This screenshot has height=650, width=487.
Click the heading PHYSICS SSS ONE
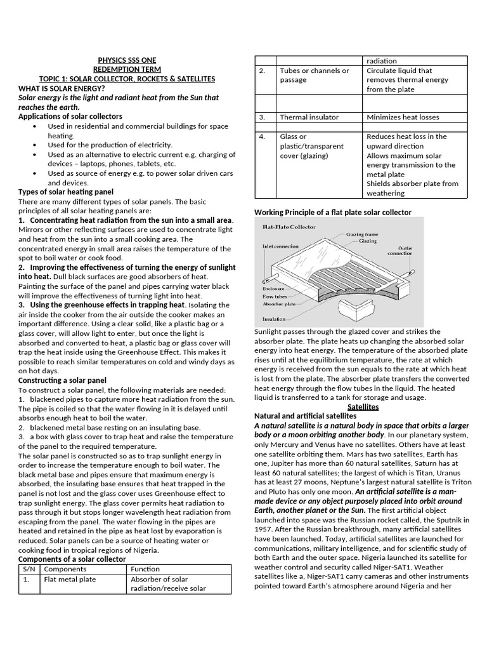pos(127,60)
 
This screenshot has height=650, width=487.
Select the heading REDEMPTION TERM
pos(127,69)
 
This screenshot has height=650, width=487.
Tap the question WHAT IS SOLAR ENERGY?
pos(62,88)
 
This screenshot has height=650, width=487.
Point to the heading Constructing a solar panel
pos(66,380)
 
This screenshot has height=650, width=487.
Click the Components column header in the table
pos(65,569)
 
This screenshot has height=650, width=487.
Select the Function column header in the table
pos(145,569)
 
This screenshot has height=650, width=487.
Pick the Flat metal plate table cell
pos(70,580)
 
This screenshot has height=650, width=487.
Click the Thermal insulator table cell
pos(309,117)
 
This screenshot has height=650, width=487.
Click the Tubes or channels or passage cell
pos(315,75)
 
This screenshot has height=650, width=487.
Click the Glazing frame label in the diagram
pos(364,234)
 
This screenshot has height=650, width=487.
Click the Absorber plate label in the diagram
pos(279,304)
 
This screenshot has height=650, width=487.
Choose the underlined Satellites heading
pos(363,406)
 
